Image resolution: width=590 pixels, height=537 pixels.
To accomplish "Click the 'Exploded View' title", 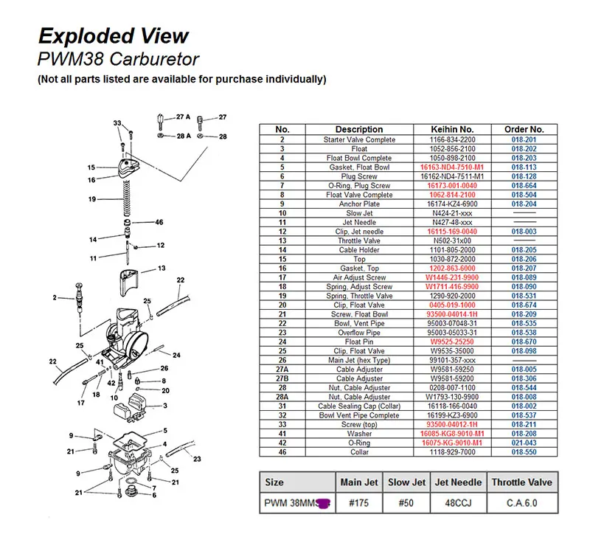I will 114,35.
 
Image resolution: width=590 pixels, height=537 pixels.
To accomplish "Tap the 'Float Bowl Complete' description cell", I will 359,158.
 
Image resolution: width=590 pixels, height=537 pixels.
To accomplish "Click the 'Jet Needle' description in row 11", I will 359,222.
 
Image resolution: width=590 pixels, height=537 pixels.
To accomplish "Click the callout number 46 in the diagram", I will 159,222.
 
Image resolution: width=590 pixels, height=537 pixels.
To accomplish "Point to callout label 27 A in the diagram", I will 183,117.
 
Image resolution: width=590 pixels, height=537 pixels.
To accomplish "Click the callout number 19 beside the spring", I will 92,199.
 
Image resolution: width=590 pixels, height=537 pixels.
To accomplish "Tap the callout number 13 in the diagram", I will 160,268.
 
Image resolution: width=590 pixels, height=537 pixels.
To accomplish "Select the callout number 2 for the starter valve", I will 54,297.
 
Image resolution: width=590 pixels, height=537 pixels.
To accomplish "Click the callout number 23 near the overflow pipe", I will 197,458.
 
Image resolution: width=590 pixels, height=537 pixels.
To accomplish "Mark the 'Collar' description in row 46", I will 359,451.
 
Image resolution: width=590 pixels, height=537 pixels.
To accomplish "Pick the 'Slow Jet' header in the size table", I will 407,482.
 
